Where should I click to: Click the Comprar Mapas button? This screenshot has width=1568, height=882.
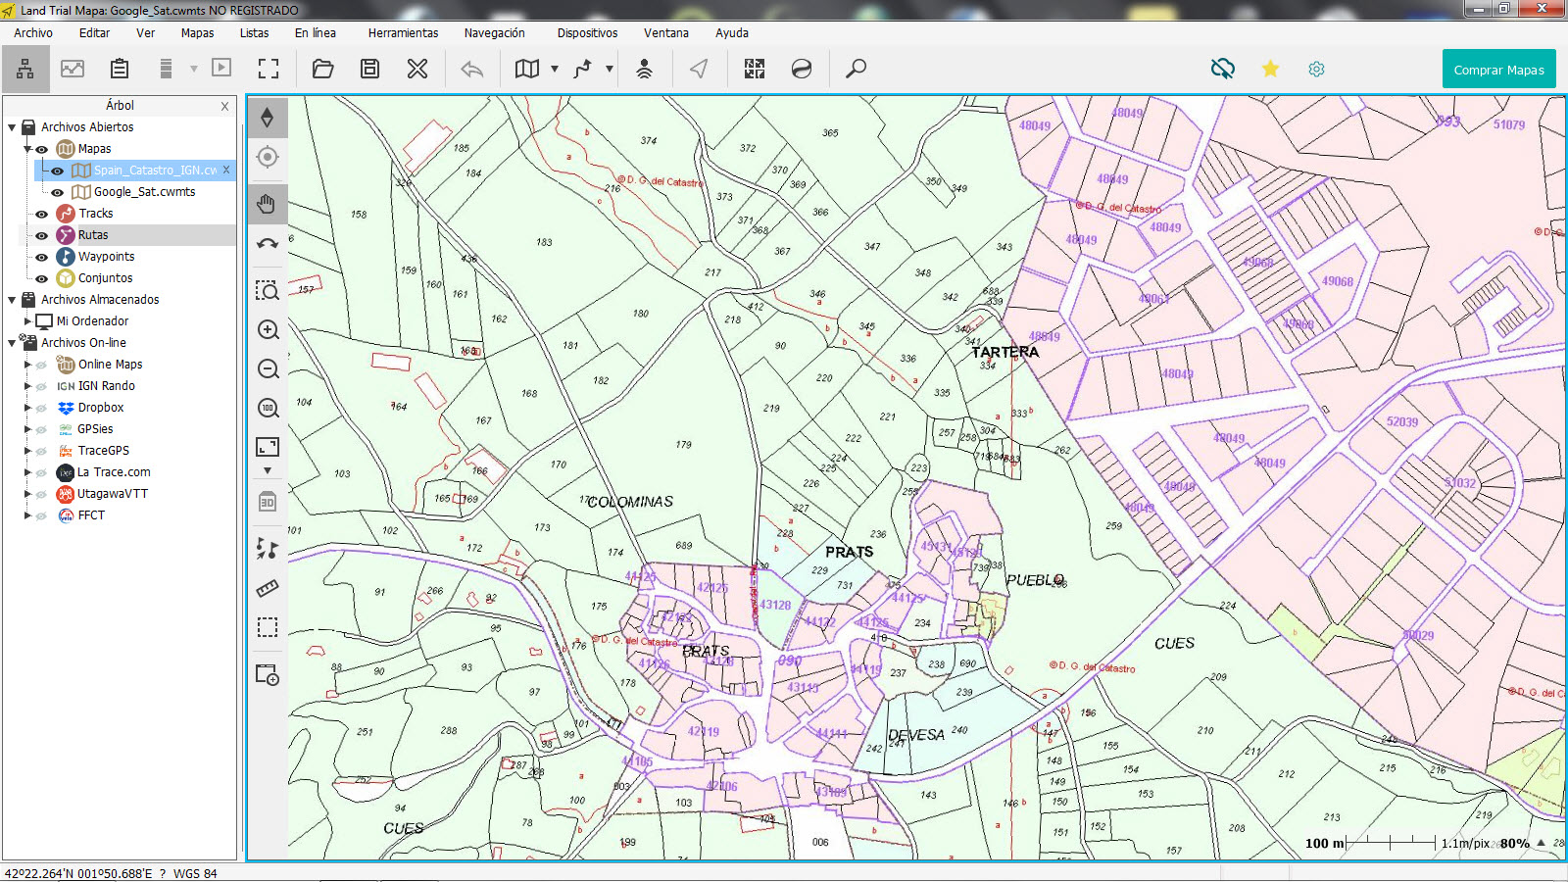coord(1498,70)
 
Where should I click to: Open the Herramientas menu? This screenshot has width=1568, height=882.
coord(403,33)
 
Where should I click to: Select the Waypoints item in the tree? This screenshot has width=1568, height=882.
coord(106,257)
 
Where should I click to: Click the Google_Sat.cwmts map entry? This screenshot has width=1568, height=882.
coord(144,192)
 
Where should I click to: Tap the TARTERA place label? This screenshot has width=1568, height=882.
coord(1004,352)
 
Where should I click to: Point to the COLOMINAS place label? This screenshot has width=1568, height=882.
coord(631,502)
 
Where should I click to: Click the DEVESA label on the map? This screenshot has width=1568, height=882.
coord(916,735)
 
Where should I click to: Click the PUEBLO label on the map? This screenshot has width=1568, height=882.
coord(1035,580)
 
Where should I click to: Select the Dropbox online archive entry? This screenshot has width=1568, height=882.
coord(101,408)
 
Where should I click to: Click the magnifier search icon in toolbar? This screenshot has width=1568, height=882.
coord(856,69)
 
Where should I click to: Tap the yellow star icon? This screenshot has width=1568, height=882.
coord(1270,69)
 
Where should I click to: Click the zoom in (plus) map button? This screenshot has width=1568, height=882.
coord(268,330)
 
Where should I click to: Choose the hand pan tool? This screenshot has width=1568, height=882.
coord(268,205)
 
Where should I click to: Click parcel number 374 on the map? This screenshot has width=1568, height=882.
coord(649,141)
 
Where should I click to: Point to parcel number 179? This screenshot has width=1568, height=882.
coord(683,445)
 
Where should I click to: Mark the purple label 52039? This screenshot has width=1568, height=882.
coord(1401,422)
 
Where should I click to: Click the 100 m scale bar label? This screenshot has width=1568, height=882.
coord(1324,844)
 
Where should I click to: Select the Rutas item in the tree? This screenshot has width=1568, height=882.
coord(93,235)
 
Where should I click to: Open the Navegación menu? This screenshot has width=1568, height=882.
coord(494,33)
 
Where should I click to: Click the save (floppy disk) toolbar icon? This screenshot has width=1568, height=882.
coord(369,69)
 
